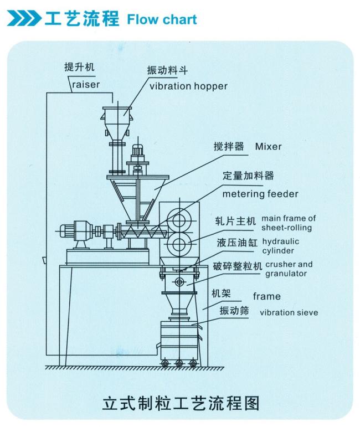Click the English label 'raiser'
86,85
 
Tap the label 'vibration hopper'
188,86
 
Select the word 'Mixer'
268,147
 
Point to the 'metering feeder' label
260,194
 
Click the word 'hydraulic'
280,242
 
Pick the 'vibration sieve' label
289,312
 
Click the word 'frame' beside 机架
266,296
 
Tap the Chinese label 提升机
79,66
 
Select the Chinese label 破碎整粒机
238,266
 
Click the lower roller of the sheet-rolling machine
179,244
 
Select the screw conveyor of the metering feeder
143,231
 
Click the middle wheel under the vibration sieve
179,363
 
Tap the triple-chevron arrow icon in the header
24,18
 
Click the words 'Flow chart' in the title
162,19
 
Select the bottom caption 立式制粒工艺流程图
181,403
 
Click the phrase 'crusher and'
289,264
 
